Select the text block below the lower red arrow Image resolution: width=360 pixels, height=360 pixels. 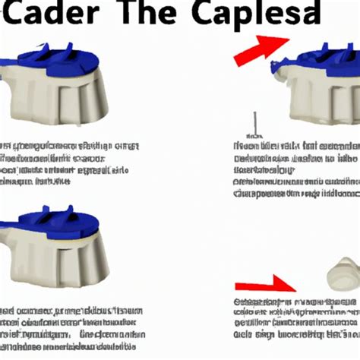pos(292,328)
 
